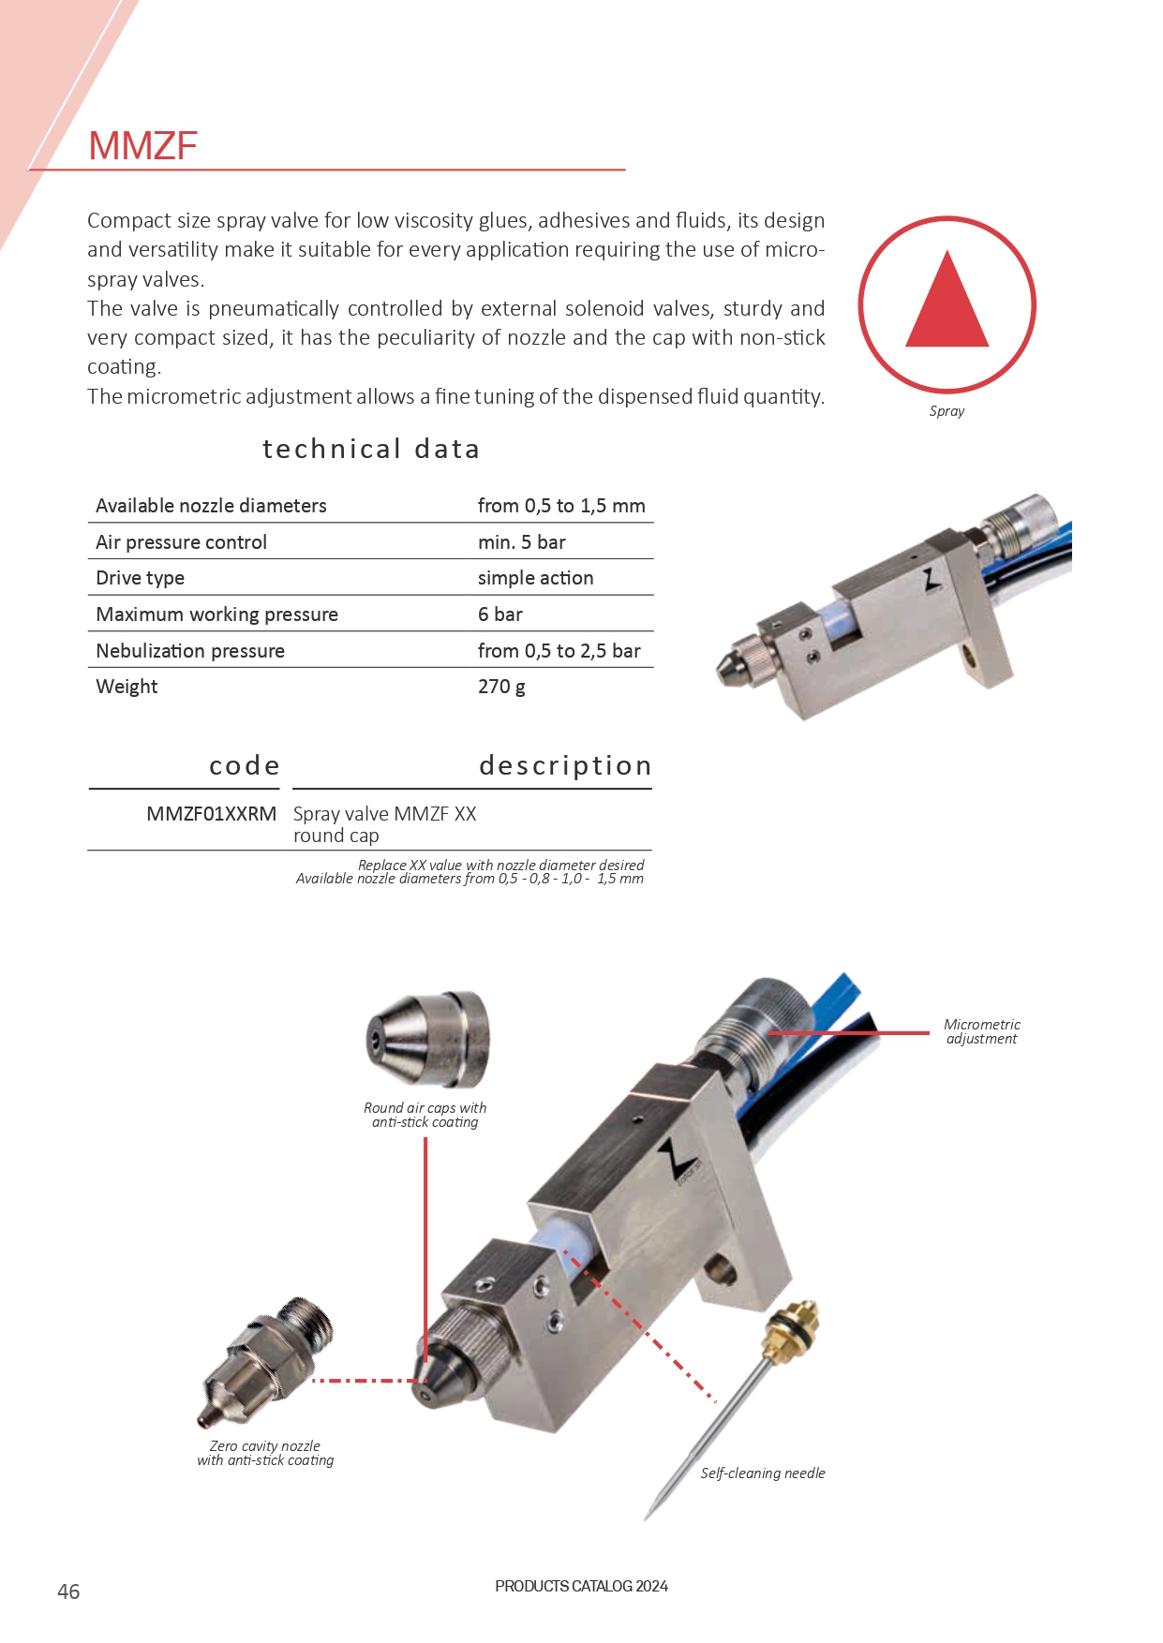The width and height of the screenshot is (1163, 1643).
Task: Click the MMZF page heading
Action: (142, 146)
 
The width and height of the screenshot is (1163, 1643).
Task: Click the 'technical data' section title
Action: (371, 450)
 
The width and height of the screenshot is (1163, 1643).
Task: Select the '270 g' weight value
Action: (501, 687)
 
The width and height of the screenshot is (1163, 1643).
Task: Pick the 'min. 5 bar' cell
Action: (522, 542)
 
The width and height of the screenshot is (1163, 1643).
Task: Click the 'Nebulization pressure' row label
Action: (190, 651)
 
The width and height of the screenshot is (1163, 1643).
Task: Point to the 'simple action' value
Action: (535, 578)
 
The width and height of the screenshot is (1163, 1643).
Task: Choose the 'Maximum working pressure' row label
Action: (216, 614)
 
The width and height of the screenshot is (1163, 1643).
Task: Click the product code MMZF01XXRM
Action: (211, 814)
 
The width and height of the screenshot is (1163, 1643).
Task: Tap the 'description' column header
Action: (564, 766)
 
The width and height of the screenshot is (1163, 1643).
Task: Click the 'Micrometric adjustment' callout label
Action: (981, 1031)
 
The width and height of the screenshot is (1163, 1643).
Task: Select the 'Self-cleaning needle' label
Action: (763, 1473)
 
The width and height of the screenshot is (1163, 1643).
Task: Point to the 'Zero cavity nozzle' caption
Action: (265, 1453)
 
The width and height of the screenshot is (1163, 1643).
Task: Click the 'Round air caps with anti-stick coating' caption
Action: (425, 1115)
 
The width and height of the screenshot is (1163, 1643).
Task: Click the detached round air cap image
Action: (428, 1039)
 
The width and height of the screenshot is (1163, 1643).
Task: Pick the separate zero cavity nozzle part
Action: (267, 1358)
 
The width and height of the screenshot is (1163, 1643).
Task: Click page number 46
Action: (68, 1591)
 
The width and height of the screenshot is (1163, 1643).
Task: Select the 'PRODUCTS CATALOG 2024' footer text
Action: (581, 1586)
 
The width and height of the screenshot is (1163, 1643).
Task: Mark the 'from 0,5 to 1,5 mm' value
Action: (561, 506)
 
